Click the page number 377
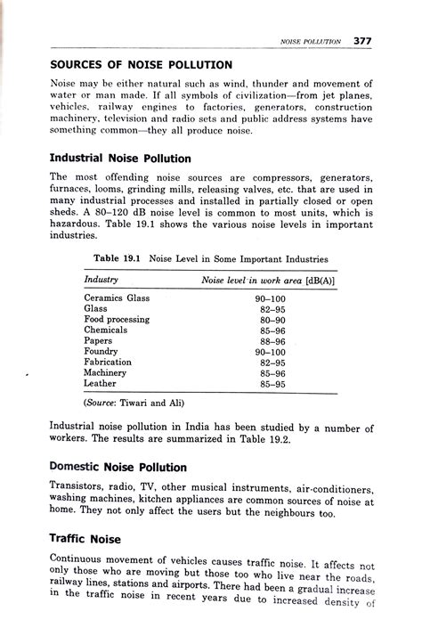(361, 40)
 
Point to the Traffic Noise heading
(86, 538)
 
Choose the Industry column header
(101, 280)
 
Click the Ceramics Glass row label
(117, 298)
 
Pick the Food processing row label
(117, 319)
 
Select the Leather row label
(101, 384)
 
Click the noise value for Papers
(272, 340)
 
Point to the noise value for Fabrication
(272, 363)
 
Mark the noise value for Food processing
(272, 319)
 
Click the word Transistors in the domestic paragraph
(79, 488)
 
